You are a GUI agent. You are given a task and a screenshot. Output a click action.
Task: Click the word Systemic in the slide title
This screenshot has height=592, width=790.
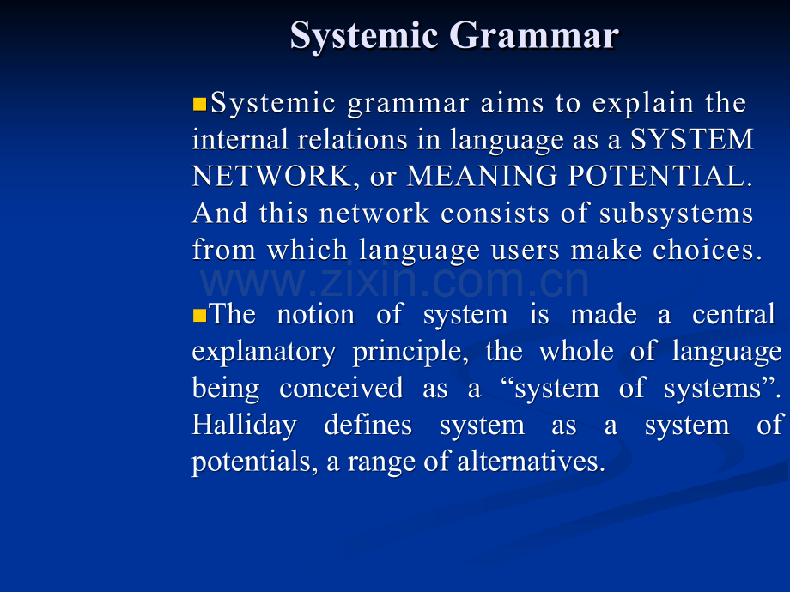pyautogui.click(x=364, y=36)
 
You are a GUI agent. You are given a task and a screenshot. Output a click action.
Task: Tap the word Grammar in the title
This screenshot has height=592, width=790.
pyautogui.click(x=534, y=35)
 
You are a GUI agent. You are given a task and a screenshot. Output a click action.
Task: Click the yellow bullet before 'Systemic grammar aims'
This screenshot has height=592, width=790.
pyautogui.click(x=199, y=104)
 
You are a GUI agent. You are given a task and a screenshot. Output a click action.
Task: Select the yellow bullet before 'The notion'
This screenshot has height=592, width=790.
pyautogui.click(x=199, y=316)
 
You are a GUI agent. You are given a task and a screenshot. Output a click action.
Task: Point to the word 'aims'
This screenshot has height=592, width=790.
pyautogui.click(x=512, y=103)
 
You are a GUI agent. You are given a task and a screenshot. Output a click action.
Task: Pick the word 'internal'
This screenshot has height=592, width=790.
pyautogui.click(x=240, y=140)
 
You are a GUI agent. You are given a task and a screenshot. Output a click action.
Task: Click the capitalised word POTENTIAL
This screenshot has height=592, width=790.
pyautogui.click(x=660, y=176)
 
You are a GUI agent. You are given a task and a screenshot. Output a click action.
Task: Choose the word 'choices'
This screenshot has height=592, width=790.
pyautogui.click(x=708, y=251)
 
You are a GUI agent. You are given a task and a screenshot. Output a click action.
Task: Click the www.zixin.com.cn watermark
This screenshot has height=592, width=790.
pyautogui.click(x=394, y=281)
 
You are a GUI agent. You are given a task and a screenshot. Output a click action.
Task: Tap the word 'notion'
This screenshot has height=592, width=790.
pyautogui.click(x=316, y=315)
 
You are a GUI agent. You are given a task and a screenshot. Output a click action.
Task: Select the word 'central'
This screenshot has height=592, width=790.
pyautogui.click(x=733, y=315)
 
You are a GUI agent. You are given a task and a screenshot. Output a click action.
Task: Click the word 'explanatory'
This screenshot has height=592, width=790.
pyautogui.click(x=264, y=353)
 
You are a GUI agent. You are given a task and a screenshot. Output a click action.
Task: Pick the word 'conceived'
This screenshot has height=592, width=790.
pyautogui.click(x=341, y=388)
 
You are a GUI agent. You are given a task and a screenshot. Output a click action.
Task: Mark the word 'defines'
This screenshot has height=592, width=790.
pyautogui.click(x=368, y=426)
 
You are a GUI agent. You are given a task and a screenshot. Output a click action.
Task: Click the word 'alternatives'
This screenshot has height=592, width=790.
pyautogui.click(x=531, y=462)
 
